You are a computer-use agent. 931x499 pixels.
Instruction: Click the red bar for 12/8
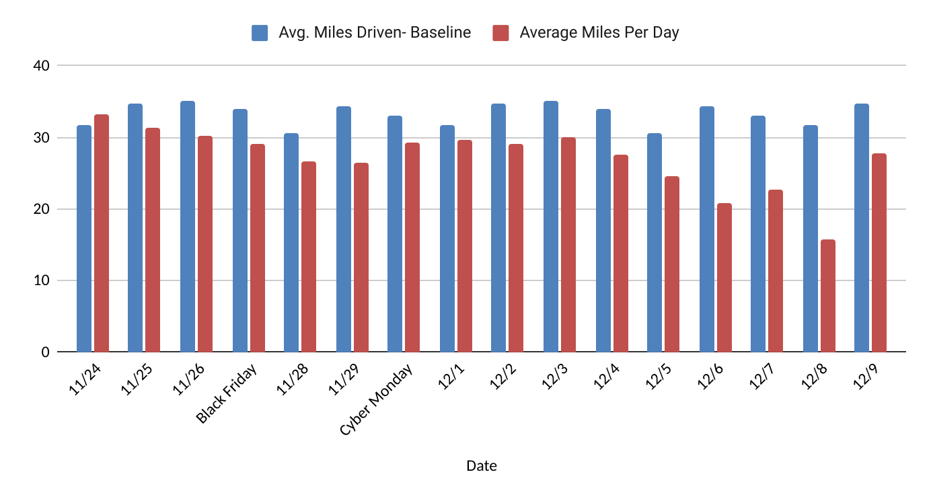click(x=827, y=296)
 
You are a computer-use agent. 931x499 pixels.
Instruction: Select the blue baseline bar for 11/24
click(x=84, y=239)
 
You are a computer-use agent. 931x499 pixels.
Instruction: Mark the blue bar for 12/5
click(x=654, y=243)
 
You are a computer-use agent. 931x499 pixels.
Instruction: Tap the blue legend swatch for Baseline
click(x=260, y=32)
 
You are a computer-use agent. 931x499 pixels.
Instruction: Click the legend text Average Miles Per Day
click(x=599, y=32)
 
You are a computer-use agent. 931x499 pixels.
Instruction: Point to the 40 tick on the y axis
click(x=41, y=66)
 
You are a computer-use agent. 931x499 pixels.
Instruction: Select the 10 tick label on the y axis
click(x=41, y=280)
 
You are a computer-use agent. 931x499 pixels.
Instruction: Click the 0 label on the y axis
click(x=44, y=352)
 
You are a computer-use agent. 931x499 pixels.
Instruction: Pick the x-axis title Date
click(x=482, y=465)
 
